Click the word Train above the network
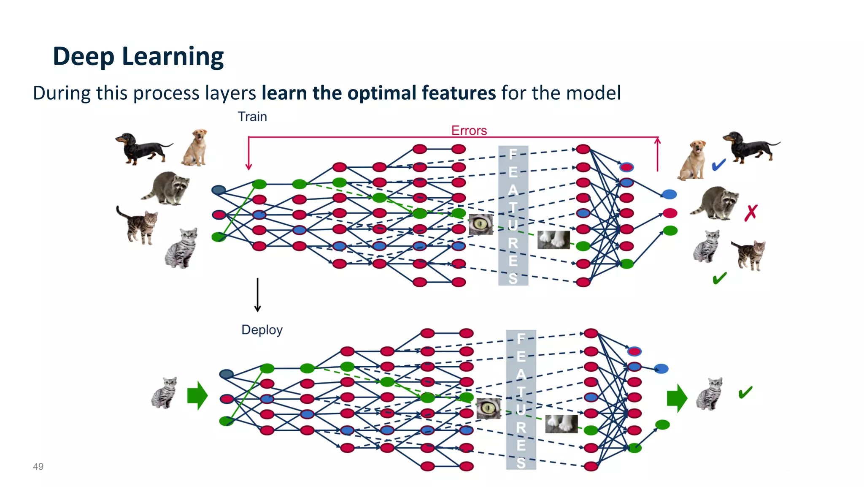pos(252,117)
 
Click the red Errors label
pos(469,131)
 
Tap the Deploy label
pos(262,329)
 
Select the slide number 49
pos(38,466)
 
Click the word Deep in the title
pos(83,57)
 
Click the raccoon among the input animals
pos(167,188)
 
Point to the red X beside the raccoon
pos(751,213)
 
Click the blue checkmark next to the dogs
pos(718,165)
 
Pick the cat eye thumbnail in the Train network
pos(481,224)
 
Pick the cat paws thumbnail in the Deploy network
pos(561,424)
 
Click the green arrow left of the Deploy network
pos(197,396)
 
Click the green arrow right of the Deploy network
pos(677,398)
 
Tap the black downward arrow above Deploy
pos(257,295)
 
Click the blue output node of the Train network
pos(669,194)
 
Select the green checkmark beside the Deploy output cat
pos(745,392)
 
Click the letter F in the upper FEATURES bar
pos(513,154)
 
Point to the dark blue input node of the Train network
pos(219,190)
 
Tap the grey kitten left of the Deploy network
pos(165,393)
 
